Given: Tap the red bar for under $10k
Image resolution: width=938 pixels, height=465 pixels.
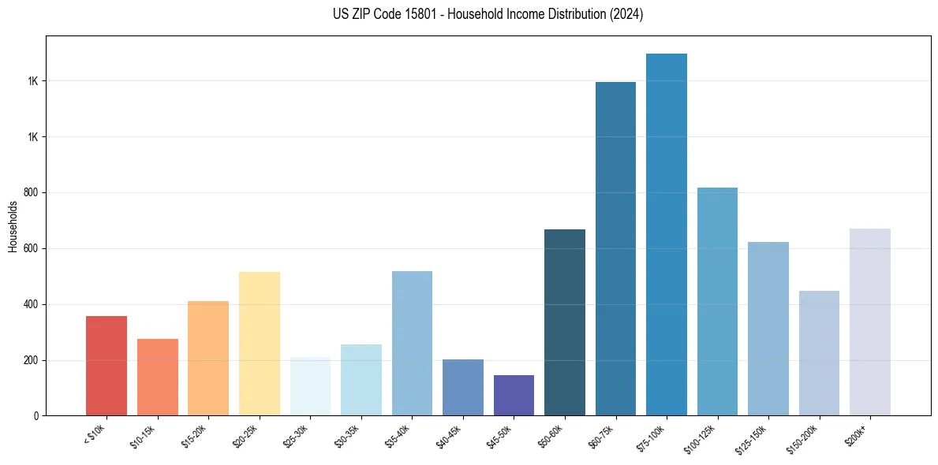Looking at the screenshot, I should (x=107, y=366).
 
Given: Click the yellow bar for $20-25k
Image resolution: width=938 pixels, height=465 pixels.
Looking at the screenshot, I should (x=260, y=344).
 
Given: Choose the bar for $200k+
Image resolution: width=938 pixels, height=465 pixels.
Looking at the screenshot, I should (x=870, y=322).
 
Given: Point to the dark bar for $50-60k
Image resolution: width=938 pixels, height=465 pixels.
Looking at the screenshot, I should (x=565, y=322).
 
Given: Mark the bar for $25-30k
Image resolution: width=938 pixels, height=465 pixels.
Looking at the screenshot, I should (x=310, y=386).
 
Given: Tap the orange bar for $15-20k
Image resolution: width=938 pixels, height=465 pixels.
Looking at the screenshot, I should (x=208, y=359).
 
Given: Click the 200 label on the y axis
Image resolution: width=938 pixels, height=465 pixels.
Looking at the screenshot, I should (x=32, y=361).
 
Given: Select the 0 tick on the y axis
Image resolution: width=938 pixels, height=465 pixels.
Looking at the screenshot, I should (x=36, y=416).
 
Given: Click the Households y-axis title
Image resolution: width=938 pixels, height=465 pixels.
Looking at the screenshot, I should (x=13, y=226).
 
